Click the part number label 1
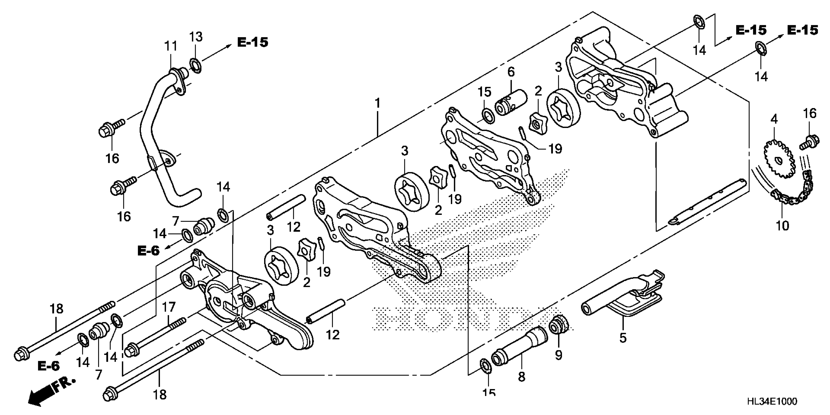[377, 104]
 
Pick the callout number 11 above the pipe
[171, 46]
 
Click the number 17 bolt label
[168, 307]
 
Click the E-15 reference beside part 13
[253, 42]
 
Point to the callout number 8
[522, 376]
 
